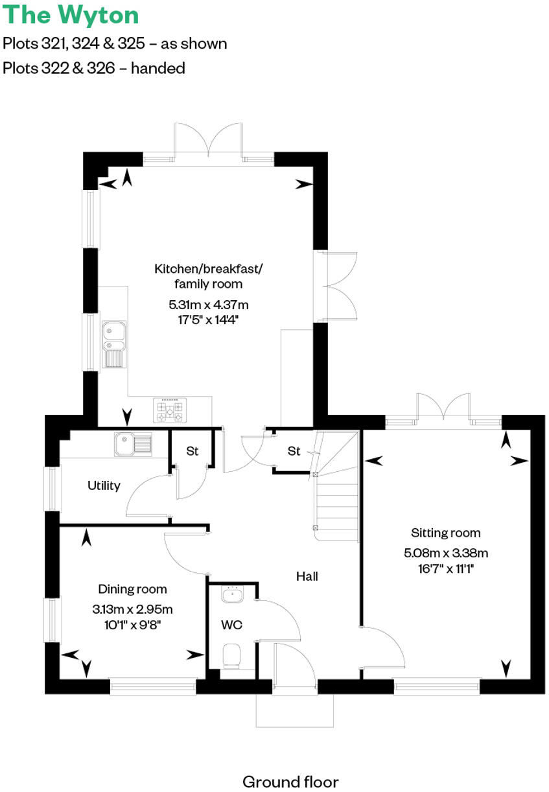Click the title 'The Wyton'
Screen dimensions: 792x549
click(x=71, y=15)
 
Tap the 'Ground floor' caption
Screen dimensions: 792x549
click(x=290, y=781)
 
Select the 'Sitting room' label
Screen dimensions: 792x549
click(x=445, y=533)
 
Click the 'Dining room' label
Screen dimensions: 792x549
click(x=132, y=589)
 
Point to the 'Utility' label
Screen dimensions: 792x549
click(x=104, y=485)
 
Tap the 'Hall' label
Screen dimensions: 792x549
click(x=307, y=576)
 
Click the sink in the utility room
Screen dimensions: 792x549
click(x=133, y=444)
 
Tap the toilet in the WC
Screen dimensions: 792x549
click(x=231, y=656)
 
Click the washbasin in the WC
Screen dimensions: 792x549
click(x=231, y=594)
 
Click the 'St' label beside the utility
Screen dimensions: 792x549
click(x=192, y=451)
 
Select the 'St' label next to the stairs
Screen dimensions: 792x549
click(x=294, y=451)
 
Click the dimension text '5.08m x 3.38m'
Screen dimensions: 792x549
click(x=445, y=553)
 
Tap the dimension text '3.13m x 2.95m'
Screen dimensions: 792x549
click(x=132, y=609)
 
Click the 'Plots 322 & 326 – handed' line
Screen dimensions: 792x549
click(x=94, y=68)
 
